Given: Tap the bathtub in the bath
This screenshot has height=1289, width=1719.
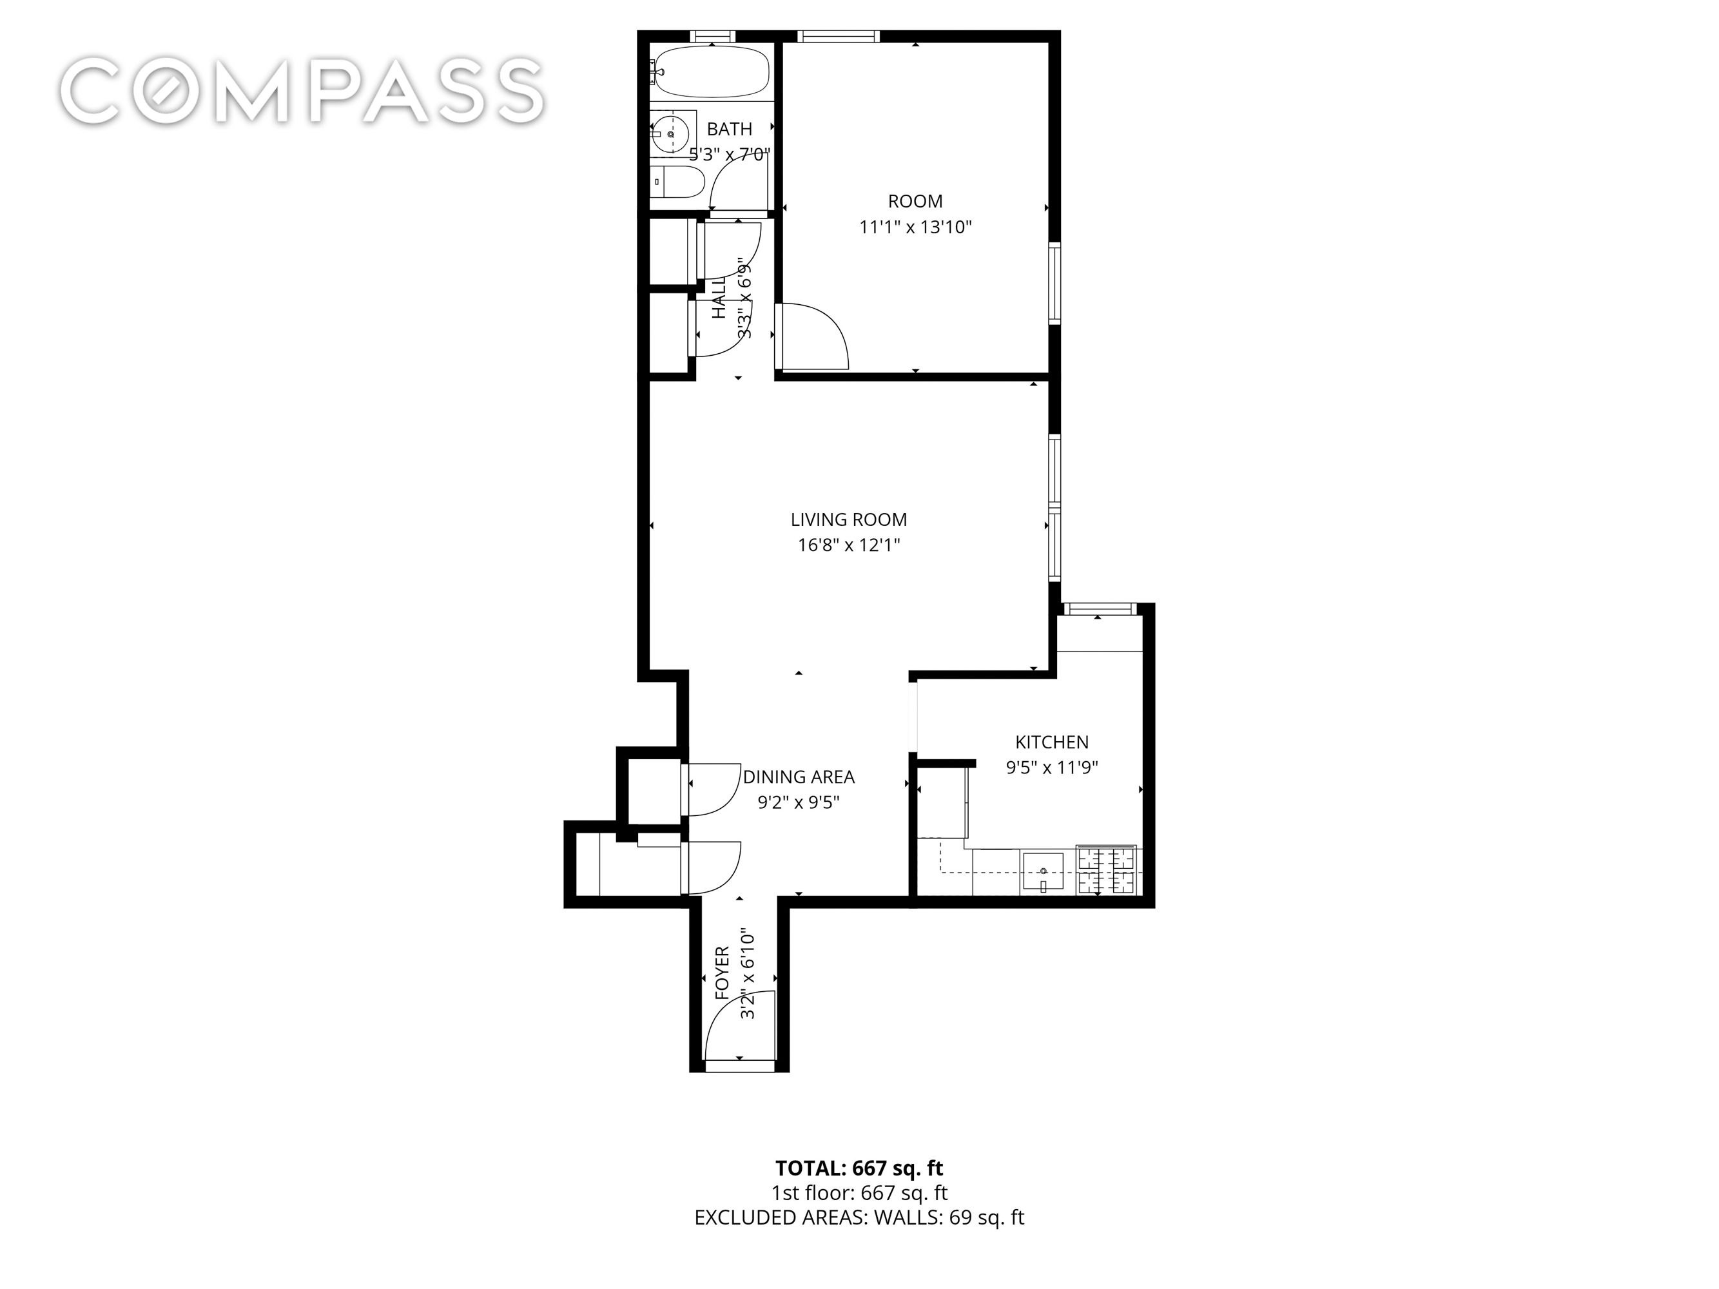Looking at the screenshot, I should [712, 72].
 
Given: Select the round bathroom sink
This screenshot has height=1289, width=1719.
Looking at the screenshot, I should [669, 135].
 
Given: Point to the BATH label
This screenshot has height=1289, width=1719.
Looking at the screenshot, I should [729, 129].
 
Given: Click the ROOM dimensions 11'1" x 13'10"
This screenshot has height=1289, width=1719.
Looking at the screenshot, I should [915, 228].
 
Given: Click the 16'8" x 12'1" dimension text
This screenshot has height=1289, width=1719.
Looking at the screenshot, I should [849, 545].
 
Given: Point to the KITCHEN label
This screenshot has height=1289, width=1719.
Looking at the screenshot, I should [1051, 742].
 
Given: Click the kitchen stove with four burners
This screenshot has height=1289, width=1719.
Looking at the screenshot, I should [1106, 870].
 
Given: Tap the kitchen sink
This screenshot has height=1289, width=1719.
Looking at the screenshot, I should [1042, 870].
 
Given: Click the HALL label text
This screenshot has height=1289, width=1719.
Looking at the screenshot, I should [719, 299].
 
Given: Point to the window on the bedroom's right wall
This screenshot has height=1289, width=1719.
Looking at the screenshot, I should [1054, 283].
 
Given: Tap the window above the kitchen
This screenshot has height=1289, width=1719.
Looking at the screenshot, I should [1099, 608].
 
